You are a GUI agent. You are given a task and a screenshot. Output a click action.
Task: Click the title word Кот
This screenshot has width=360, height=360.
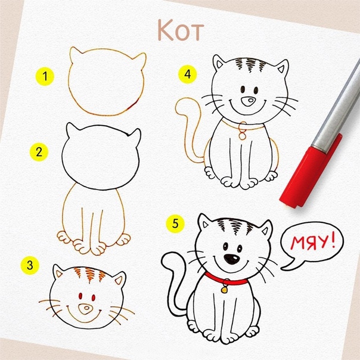click(x=181, y=30)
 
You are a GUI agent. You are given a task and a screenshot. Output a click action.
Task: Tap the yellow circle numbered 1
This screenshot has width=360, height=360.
click(x=45, y=76)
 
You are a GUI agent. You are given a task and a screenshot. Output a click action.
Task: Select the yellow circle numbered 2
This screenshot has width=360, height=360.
click(x=39, y=152)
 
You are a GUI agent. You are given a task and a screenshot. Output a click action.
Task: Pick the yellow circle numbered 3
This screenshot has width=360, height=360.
click(x=30, y=265)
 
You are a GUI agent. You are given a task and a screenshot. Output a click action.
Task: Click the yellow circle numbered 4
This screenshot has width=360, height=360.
click(x=188, y=74)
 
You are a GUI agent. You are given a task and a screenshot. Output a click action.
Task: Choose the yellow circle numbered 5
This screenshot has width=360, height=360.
click(x=175, y=224)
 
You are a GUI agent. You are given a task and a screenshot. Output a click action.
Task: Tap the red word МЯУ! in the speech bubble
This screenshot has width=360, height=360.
click(x=313, y=243)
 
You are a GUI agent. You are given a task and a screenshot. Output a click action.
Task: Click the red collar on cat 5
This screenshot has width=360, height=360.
click(x=226, y=280)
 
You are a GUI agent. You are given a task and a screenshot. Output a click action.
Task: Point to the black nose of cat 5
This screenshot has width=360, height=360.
click(x=232, y=259)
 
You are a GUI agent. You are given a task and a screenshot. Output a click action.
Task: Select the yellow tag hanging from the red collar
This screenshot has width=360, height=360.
click(x=224, y=290)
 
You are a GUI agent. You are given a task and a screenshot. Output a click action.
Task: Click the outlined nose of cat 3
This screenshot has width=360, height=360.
click(x=86, y=309)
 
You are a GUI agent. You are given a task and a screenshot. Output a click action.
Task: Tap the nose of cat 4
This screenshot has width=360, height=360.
click(x=248, y=101)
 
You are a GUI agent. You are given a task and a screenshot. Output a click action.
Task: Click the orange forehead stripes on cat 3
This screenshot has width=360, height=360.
click(x=89, y=274)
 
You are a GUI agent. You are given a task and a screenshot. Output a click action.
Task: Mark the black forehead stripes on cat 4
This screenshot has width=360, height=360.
click(x=251, y=64)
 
